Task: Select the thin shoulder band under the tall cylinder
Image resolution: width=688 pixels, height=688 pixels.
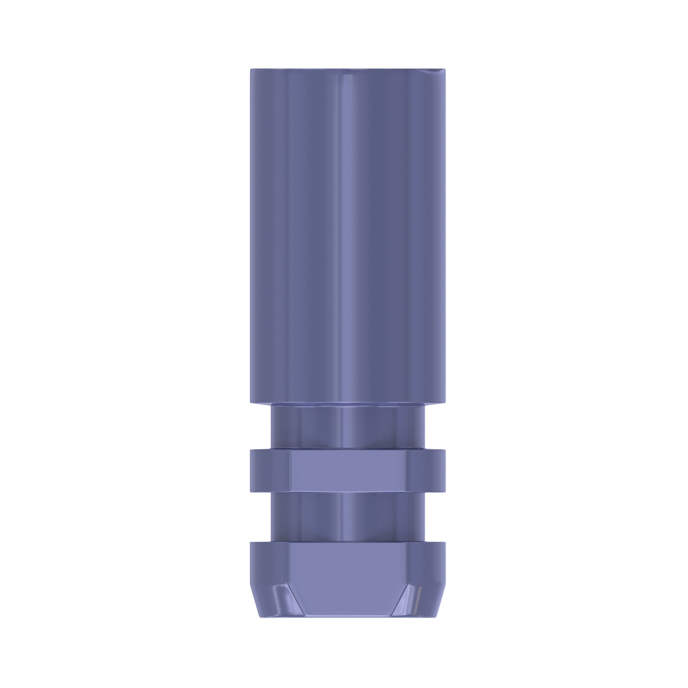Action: point(347,406)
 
